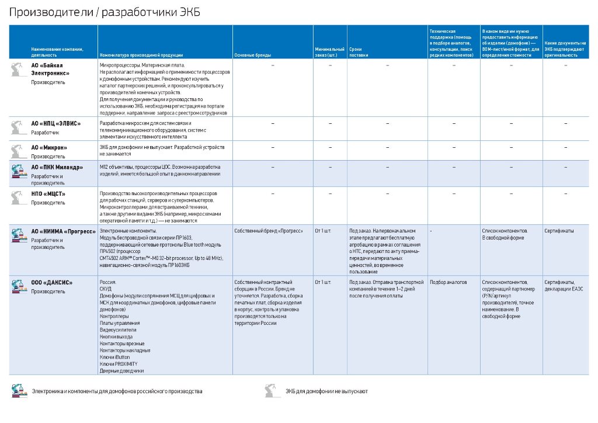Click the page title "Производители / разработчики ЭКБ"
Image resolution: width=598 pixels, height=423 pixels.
click(105, 13)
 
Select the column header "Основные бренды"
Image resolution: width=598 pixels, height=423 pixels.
click(252, 55)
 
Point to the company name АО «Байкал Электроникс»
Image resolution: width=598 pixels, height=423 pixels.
click(50, 70)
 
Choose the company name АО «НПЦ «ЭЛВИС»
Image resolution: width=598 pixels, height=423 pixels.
click(56, 123)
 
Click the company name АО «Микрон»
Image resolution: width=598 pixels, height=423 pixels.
click(50, 147)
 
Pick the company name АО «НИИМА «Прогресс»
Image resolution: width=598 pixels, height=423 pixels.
click(64, 231)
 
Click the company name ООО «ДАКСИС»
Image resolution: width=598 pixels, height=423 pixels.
click(52, 283)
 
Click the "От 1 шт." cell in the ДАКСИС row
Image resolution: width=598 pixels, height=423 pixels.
click(322, 282)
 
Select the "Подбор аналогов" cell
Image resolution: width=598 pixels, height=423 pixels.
click(448, 282)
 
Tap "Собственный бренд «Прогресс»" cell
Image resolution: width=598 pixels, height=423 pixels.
click(269, 231)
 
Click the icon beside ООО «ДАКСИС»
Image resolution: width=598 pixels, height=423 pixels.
click(19, 286)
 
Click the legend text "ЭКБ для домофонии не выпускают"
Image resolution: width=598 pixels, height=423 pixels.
click(326, 391)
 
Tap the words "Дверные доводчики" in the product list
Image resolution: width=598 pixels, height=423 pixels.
click(121, 370)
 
